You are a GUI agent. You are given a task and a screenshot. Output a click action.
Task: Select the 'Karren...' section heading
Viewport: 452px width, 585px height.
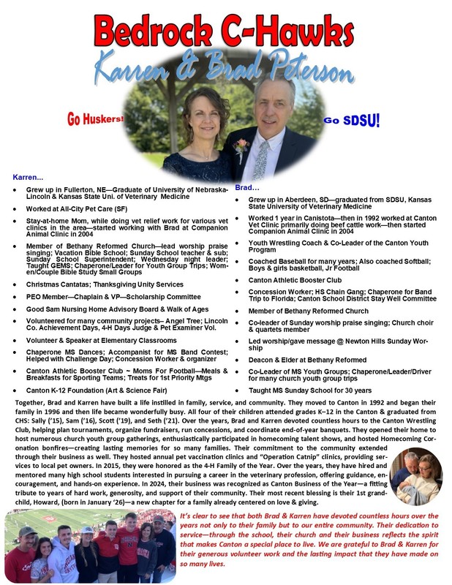tap(29, 178)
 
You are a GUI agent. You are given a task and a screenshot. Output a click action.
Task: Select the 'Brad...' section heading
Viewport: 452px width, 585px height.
tap(249, 188)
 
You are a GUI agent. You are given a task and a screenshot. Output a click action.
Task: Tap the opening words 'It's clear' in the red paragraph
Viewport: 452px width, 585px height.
tap(193, 516)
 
